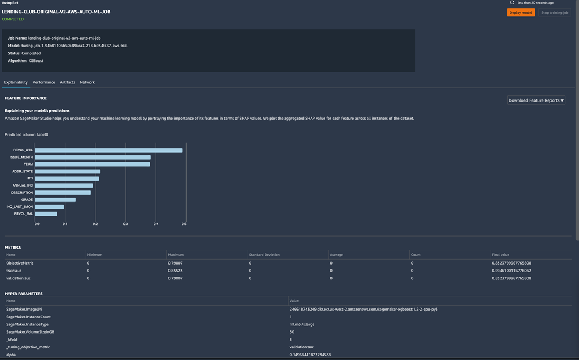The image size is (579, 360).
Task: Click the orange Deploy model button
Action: [x=520, y=13]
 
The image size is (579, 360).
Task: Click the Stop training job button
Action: [x=554, y=13]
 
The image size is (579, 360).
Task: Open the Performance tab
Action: [x=44, y=82]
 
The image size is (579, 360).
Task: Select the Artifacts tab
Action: [x=68, y=82]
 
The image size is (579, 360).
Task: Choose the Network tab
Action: [x=87, y=82]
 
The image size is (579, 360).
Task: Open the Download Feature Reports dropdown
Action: [x=536, y=100]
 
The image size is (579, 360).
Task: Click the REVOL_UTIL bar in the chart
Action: [x=108, y=150]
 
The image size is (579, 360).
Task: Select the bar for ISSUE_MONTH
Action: [x=92, y=157]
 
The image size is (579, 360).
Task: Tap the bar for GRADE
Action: [x=55, y=200]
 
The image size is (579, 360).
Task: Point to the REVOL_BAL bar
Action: [x=46, y=213]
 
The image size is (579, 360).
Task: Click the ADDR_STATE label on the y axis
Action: [x=23, y=171]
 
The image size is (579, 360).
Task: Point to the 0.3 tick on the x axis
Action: [x=126, y=224]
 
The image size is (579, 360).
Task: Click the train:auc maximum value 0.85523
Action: [x=175, y=271]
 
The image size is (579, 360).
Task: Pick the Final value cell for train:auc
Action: [x=511, y=271]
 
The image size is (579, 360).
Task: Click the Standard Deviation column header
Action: [x=264, y=255]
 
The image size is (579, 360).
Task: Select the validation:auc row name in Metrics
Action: [x=18, y=278]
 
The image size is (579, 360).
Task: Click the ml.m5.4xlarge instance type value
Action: [x=302, y=324]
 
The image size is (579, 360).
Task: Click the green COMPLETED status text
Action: [x=13, y=19]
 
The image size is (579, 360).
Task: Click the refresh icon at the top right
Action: [x=512, y=3]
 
